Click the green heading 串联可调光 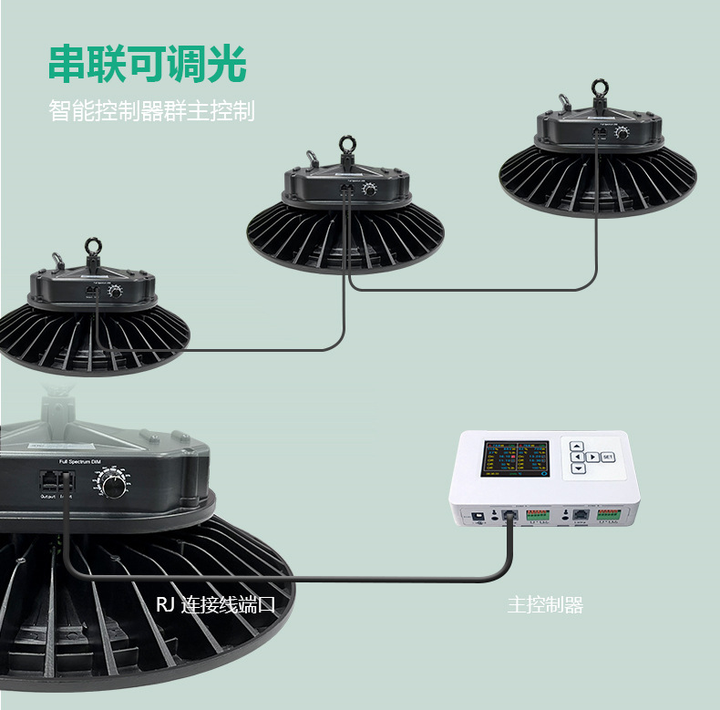pyautogui.click(x=147, y=65)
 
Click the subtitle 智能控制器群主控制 pyautogui.click(x=151, y=112)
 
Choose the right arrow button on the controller pyautogui.click(x=592, y=457)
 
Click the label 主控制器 pyautogui.click(x=545, y=605)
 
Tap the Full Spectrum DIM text pyautogui.click(x=84, y=463)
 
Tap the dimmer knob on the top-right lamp pyautogui.click(x=622, y=133)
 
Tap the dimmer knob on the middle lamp pyautogui.click(x=369, y=190)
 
